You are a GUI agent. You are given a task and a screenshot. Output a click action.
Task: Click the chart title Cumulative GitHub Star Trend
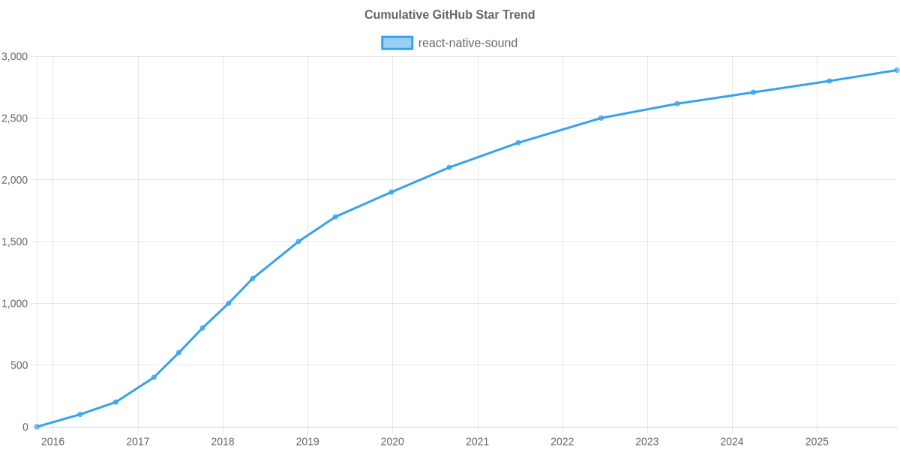coord(449,15)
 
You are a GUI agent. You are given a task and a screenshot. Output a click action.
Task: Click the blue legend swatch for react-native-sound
coord(397,43)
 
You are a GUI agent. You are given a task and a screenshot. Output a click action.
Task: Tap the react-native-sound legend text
coord(467,43)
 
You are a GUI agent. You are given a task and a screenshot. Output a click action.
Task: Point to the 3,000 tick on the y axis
coord(15,57)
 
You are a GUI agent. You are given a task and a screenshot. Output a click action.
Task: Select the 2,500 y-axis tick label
coord(15,118)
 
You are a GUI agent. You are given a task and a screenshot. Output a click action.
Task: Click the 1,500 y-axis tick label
coord(15,242)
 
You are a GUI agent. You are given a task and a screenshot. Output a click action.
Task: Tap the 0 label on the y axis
coord(25,427)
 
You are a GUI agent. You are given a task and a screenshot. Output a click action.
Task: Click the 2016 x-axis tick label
coord(52,442)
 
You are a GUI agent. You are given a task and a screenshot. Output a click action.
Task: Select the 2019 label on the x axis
coord(307,442)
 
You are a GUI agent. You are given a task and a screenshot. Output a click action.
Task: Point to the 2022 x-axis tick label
coord(562,442)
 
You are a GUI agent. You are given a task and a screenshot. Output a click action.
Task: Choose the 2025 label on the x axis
coord(817,442)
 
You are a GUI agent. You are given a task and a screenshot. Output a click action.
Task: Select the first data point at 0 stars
coord(37,427)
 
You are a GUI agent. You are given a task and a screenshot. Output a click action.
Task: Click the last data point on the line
coord(896,70)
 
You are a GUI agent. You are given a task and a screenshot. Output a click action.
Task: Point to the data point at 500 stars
coord(178,352)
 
